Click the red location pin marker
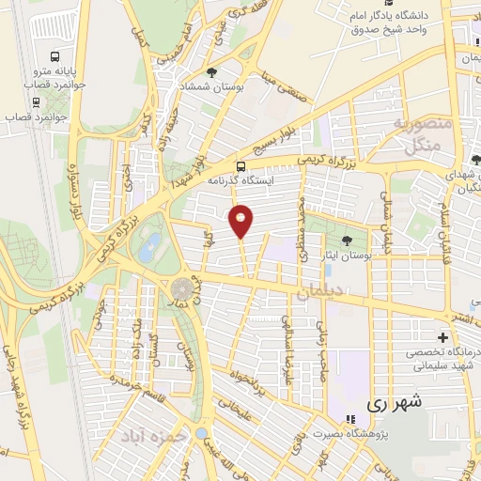pos(241,221)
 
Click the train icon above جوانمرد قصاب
pos(36,102)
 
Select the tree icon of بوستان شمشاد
pos(211,71)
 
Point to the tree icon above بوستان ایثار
pos(347,240)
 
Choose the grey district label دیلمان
pos(318,294)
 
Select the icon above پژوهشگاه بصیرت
pos(349,419)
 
